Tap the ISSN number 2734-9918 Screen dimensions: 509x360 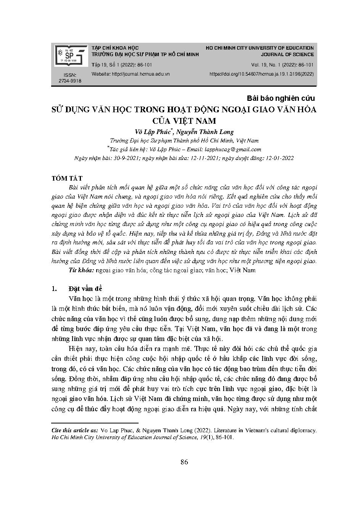tap(70, 81)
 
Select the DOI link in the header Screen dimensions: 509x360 tap(262, 74)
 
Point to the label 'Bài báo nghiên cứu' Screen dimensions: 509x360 tap(281, 99)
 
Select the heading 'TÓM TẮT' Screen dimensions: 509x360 tap(67, 178)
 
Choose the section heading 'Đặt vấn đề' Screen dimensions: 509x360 tap(85, 289)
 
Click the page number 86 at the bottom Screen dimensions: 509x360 tap(184, 462)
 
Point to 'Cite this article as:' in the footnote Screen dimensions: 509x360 tap(75, 430)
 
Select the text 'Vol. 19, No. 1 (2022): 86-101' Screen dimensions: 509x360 tap(282, 65)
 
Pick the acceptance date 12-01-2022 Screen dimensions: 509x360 tap(279, 158)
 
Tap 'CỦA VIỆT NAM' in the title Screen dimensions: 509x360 tap(184, 121)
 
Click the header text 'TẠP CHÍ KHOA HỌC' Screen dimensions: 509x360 tap(115, 48)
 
